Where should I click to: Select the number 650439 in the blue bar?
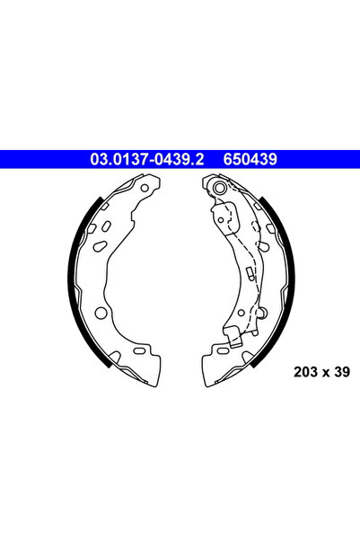point(250,160)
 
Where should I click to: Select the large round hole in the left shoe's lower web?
point(101,314)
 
